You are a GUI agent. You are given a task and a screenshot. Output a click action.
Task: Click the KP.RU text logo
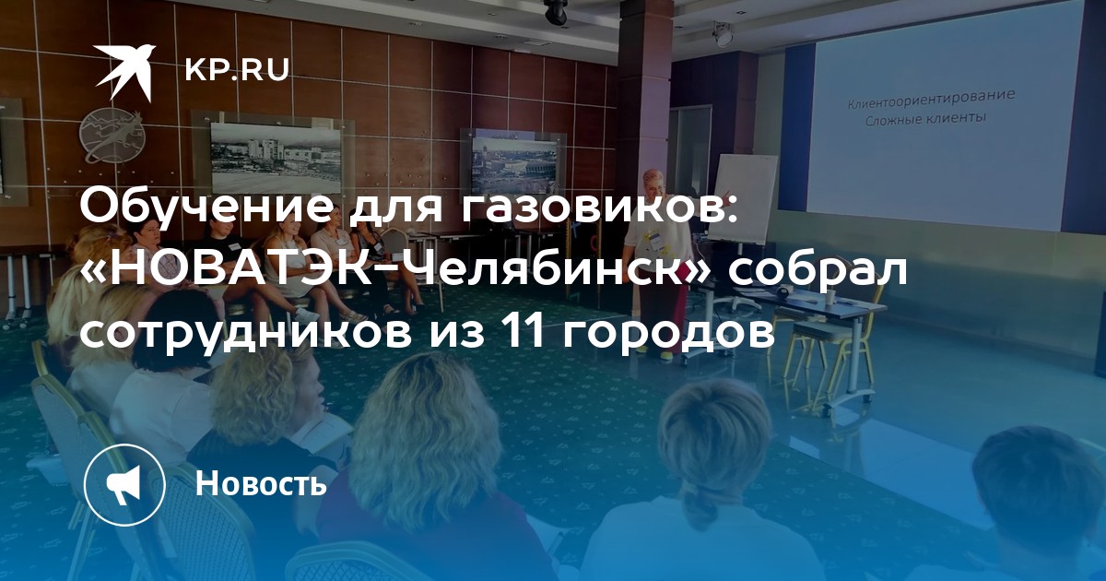(237, 70)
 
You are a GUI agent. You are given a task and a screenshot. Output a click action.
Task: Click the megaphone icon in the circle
(124, 484)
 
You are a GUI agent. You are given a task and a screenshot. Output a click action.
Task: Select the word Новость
(261, 482)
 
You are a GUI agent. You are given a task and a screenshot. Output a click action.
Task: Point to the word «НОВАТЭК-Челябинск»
(394, 269)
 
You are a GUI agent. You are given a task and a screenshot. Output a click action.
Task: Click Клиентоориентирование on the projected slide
(931, 100)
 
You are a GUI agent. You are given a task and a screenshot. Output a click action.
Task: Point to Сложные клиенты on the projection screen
(925, 120)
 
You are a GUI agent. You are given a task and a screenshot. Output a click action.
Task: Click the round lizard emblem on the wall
(113, 136)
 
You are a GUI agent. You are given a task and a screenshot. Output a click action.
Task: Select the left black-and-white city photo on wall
(276, 158)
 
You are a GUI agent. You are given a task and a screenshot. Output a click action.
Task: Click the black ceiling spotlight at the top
(556, 12)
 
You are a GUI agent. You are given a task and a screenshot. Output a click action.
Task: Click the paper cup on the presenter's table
(831, 296)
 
